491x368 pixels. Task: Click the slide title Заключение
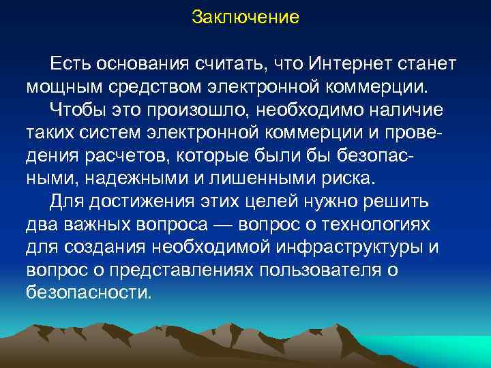coord(245,17)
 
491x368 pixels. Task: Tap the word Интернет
coord(346,64)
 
